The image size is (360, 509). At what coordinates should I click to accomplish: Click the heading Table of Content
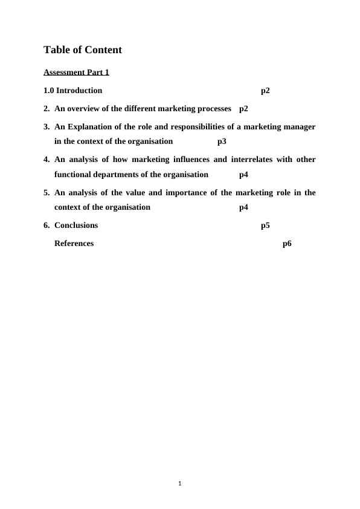(83, 50)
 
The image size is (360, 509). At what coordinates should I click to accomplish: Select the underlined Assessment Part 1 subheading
(76, 73)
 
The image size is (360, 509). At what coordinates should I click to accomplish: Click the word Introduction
(79, 91)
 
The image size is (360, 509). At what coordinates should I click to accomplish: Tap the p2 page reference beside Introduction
(265, 91)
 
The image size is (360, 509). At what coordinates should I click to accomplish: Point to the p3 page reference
(222, 141)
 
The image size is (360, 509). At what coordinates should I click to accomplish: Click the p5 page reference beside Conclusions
(265, 225)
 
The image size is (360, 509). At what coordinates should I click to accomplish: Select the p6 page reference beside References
(287, 244)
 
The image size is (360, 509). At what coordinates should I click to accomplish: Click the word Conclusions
(76, 225)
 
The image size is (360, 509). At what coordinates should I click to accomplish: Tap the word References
(74, 244)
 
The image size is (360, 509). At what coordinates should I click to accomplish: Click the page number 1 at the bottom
(180, 483)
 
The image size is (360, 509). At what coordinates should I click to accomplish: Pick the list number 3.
(47, 127)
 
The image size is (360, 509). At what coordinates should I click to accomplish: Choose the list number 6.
(47, 225)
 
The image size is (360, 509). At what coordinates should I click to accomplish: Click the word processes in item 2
(211, 109)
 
